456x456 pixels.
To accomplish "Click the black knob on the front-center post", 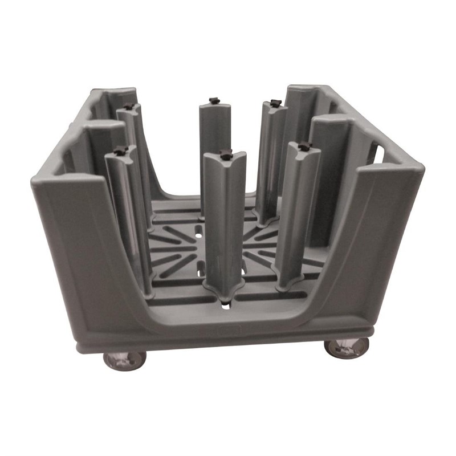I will [226, 153].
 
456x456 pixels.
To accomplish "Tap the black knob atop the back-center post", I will [214, 101].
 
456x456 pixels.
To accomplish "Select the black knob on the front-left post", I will [120, 151].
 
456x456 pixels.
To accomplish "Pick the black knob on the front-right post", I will [304, 146].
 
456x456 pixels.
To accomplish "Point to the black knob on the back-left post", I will [129, 106].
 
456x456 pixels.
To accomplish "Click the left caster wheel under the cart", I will [124, 359].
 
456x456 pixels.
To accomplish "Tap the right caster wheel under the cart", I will [347, 347].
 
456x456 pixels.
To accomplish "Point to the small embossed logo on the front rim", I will [222, 330].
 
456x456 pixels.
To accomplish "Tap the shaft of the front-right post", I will [298, 211].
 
